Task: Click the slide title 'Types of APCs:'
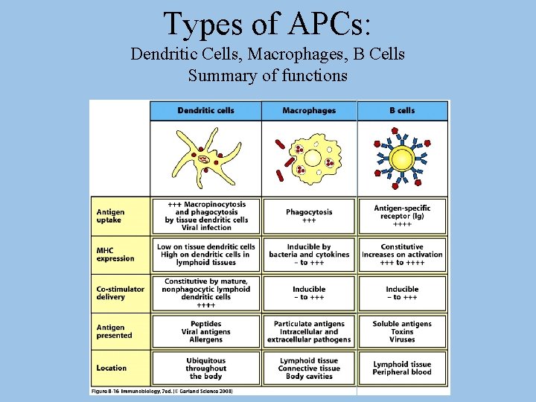267,24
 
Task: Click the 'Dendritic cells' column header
205,111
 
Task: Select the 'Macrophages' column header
309,111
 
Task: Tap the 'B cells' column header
402,111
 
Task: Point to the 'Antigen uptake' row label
111,216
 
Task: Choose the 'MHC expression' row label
115,255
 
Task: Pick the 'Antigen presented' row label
114,331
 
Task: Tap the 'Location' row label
112,368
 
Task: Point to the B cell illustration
402,159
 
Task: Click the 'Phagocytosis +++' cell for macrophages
309,216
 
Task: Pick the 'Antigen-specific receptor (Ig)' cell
402,216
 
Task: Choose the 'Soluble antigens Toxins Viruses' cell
402,331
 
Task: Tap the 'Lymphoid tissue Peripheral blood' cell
402,368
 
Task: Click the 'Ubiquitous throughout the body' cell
206,368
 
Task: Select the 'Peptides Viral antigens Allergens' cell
206,331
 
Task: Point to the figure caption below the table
162,391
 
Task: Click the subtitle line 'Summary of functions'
267,75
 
